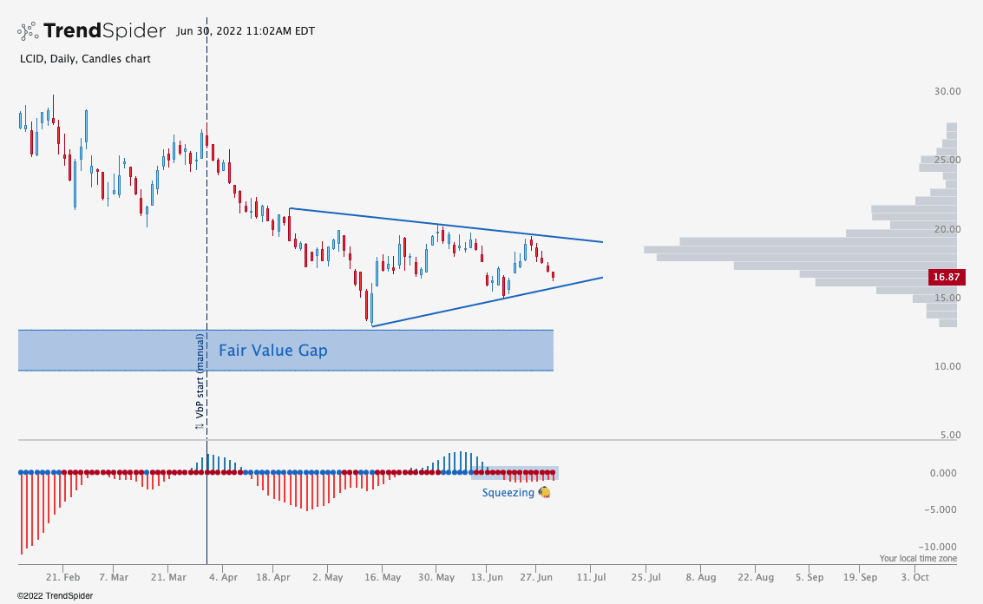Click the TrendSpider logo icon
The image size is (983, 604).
pyautogui.click(x=29, y=31)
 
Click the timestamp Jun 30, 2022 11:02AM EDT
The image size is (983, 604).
pyautogui.click(x=245, y=31)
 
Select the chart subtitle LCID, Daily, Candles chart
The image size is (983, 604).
pyautogui.click(x=84, y=59)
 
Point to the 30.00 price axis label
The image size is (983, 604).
pyautogui.click(x=946, y=91)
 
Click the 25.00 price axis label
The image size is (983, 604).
pyautogui.click(x=946, y=160)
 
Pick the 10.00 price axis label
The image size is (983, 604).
pyautogui.click(x=946, y=366)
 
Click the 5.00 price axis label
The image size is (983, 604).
pyautogui.click(x=949, y=435)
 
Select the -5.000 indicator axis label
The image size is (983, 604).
pyautogui.click(x=943, y=509)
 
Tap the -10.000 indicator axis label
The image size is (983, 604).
pyautogui.click(x=940, y=547)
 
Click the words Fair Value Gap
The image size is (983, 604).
pyautogui.click(x=272, y=351)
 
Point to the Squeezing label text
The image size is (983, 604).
pyautogui.click(x=508, y=492)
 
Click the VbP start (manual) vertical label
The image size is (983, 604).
pyautogui.click(x=200, y=382)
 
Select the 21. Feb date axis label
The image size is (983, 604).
pyautogui.click(x=63, y=577)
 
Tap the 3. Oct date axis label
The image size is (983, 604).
pyautogui.click(x=914, y=577)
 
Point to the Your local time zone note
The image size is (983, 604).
pyautogui.click(x=918, y=559)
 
